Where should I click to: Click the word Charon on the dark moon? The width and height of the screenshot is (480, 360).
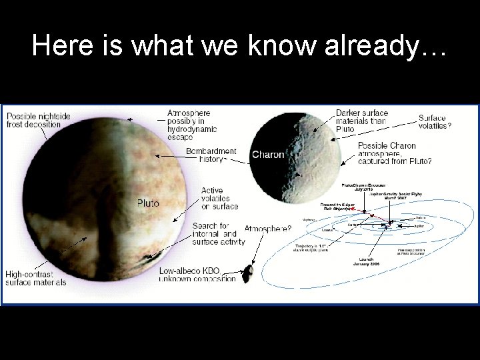[x=267, y=155]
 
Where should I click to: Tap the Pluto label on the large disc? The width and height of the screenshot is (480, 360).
[x=148, y=203]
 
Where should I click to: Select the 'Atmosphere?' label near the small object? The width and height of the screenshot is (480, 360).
[x=267, y=229]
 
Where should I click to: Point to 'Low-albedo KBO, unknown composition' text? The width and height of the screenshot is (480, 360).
[x=197, y=274]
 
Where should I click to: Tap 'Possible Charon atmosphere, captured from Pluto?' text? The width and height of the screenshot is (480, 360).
[x=394, y=153]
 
